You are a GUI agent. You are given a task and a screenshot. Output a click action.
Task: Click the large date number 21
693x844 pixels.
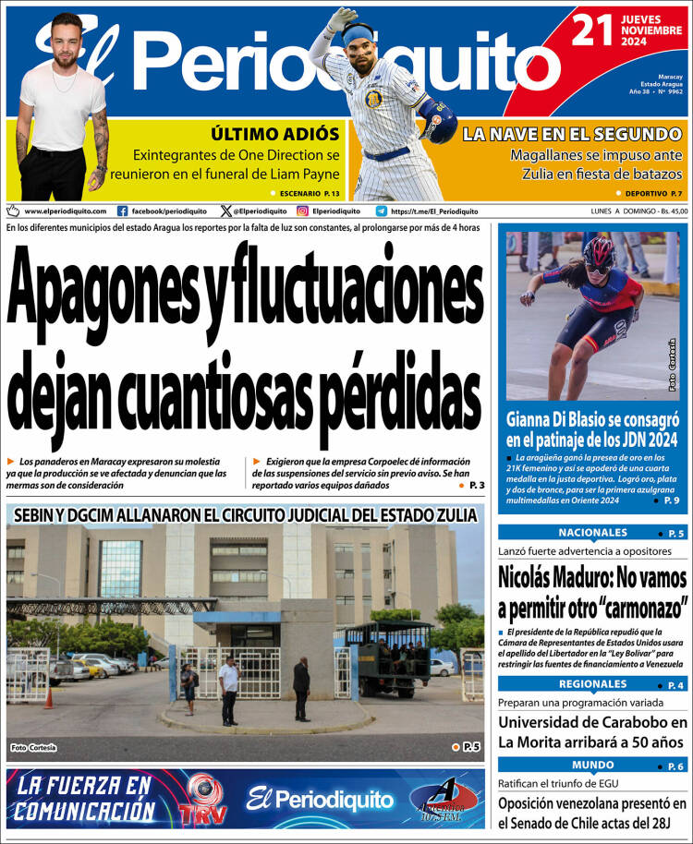(x=593, y=30)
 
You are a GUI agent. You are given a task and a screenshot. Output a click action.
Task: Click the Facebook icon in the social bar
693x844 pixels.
(x=123, y=211)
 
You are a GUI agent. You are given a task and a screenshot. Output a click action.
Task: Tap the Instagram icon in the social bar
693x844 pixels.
(x=301, y=211)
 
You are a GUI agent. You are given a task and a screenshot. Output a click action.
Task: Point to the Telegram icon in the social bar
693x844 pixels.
(x=381, y=211)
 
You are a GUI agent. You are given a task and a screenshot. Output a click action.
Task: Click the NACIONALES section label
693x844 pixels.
(x=592, y=533)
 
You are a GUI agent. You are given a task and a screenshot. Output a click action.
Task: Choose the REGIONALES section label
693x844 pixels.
(x=592, y=684)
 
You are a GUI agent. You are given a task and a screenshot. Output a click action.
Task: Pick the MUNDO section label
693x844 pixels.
(x=592, y=765)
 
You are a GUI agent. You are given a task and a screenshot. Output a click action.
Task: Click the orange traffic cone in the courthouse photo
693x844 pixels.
(x=48, y=698)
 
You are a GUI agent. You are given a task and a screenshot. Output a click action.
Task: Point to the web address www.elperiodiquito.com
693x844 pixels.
(x=65, y=211)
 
